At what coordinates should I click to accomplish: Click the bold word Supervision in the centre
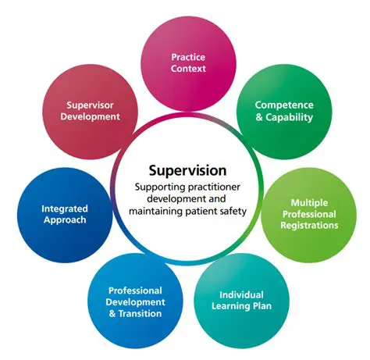[x=188, y=169]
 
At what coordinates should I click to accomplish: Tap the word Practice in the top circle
[x=188, y=57]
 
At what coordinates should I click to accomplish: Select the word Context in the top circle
[x=188, y=69]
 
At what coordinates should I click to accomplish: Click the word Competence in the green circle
[x=284, y=105]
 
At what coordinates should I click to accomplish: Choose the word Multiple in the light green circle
[x=309, y=202]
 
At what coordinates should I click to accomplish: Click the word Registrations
[x=309, y=226]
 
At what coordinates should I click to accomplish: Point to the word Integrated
[x=65, y=209]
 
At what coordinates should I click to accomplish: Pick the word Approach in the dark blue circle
[x=65, y=220]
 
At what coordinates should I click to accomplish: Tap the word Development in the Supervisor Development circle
[x=93, y=116]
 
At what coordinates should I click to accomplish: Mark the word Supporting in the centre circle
[x=158, y=187]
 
